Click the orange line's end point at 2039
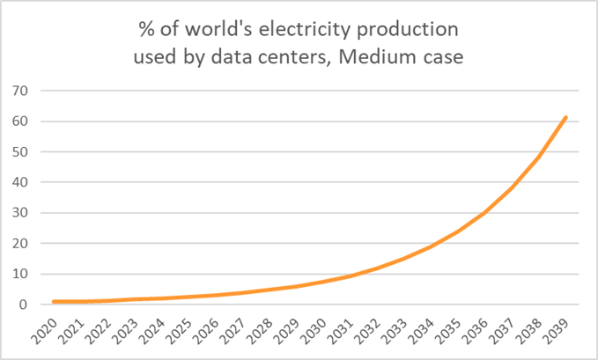[x=566, y=117]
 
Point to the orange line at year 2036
[x=485, y=212]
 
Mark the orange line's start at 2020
[x=53, y=302]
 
